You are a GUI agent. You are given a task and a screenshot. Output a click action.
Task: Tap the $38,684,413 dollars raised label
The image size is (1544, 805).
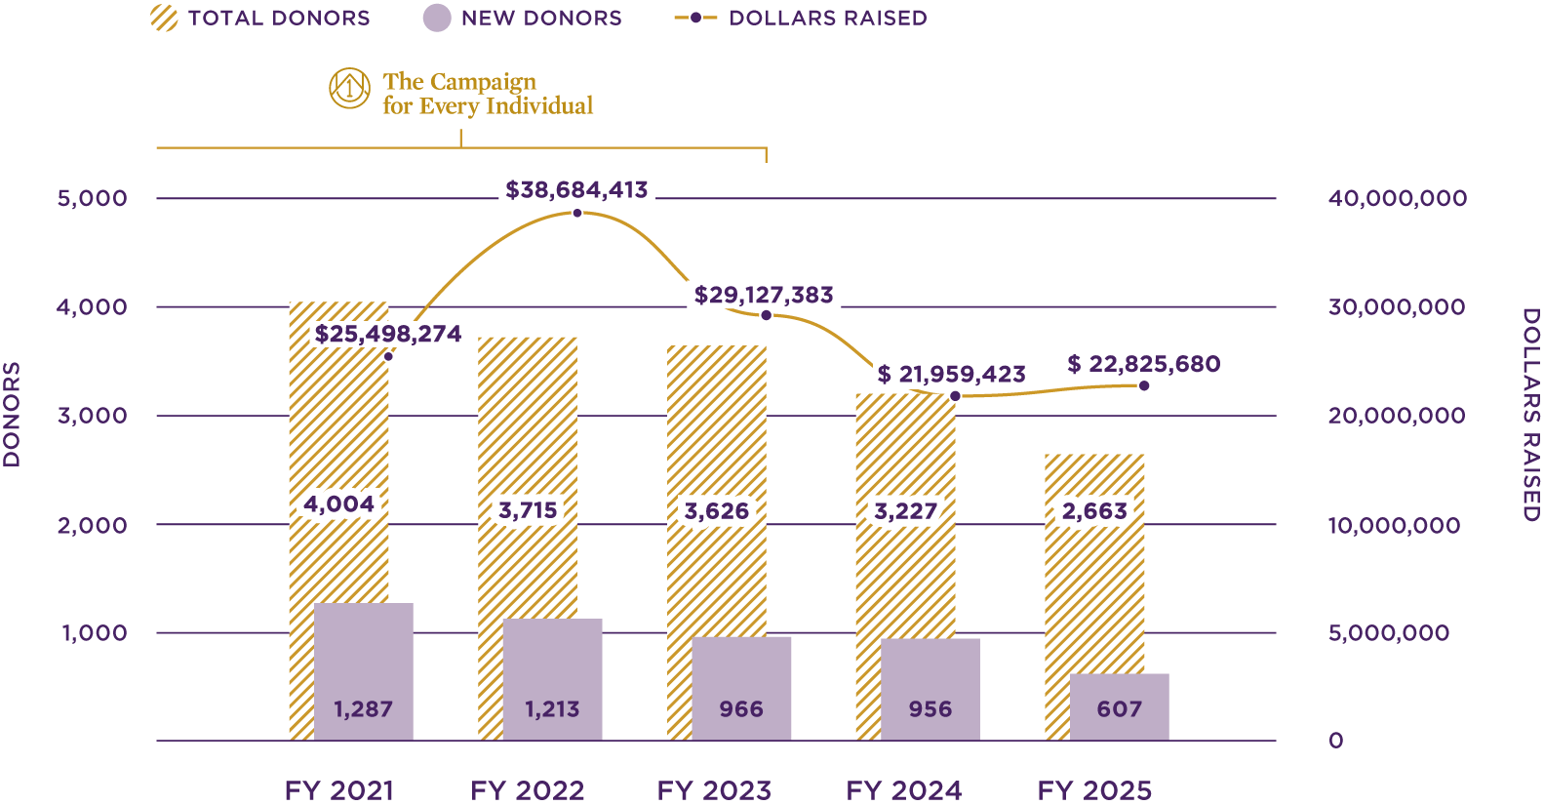pos(576,190)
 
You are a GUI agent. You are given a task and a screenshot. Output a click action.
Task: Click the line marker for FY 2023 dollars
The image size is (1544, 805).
pos(766,315)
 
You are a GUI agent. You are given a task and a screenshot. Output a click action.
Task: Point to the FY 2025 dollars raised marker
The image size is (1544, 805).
pos(1144,386)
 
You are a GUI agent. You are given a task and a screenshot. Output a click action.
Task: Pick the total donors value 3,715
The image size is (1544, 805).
pos(528,510)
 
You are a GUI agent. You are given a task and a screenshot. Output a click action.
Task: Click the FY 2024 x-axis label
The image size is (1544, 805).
pos(903,790)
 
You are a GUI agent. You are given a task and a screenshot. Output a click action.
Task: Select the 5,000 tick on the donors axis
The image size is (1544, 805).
pos(93,198)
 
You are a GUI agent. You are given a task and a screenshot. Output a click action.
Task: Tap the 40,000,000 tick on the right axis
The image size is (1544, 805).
pos(1397,198)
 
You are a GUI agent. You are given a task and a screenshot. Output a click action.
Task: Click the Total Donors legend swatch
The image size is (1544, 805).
pos(165,19)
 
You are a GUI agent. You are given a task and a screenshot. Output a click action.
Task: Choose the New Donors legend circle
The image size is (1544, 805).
pos(437,19)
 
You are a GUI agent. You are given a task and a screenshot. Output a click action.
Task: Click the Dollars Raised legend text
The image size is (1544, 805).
pos(828,19)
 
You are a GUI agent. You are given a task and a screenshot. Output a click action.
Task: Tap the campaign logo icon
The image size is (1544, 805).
pos(349,89)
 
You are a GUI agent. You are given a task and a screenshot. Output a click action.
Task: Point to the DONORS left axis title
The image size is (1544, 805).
pos(12,415)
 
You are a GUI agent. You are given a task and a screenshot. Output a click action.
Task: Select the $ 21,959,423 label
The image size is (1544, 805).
pos(951,375)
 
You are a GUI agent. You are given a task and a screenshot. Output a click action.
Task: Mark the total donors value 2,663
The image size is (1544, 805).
pos(1094,511)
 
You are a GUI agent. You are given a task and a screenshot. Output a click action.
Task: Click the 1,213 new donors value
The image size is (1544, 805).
pos(552,709)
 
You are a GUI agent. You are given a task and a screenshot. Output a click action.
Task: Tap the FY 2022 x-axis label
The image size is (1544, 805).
pos(527,790)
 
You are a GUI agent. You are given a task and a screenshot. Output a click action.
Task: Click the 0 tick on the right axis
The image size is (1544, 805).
pos(1335,741)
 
